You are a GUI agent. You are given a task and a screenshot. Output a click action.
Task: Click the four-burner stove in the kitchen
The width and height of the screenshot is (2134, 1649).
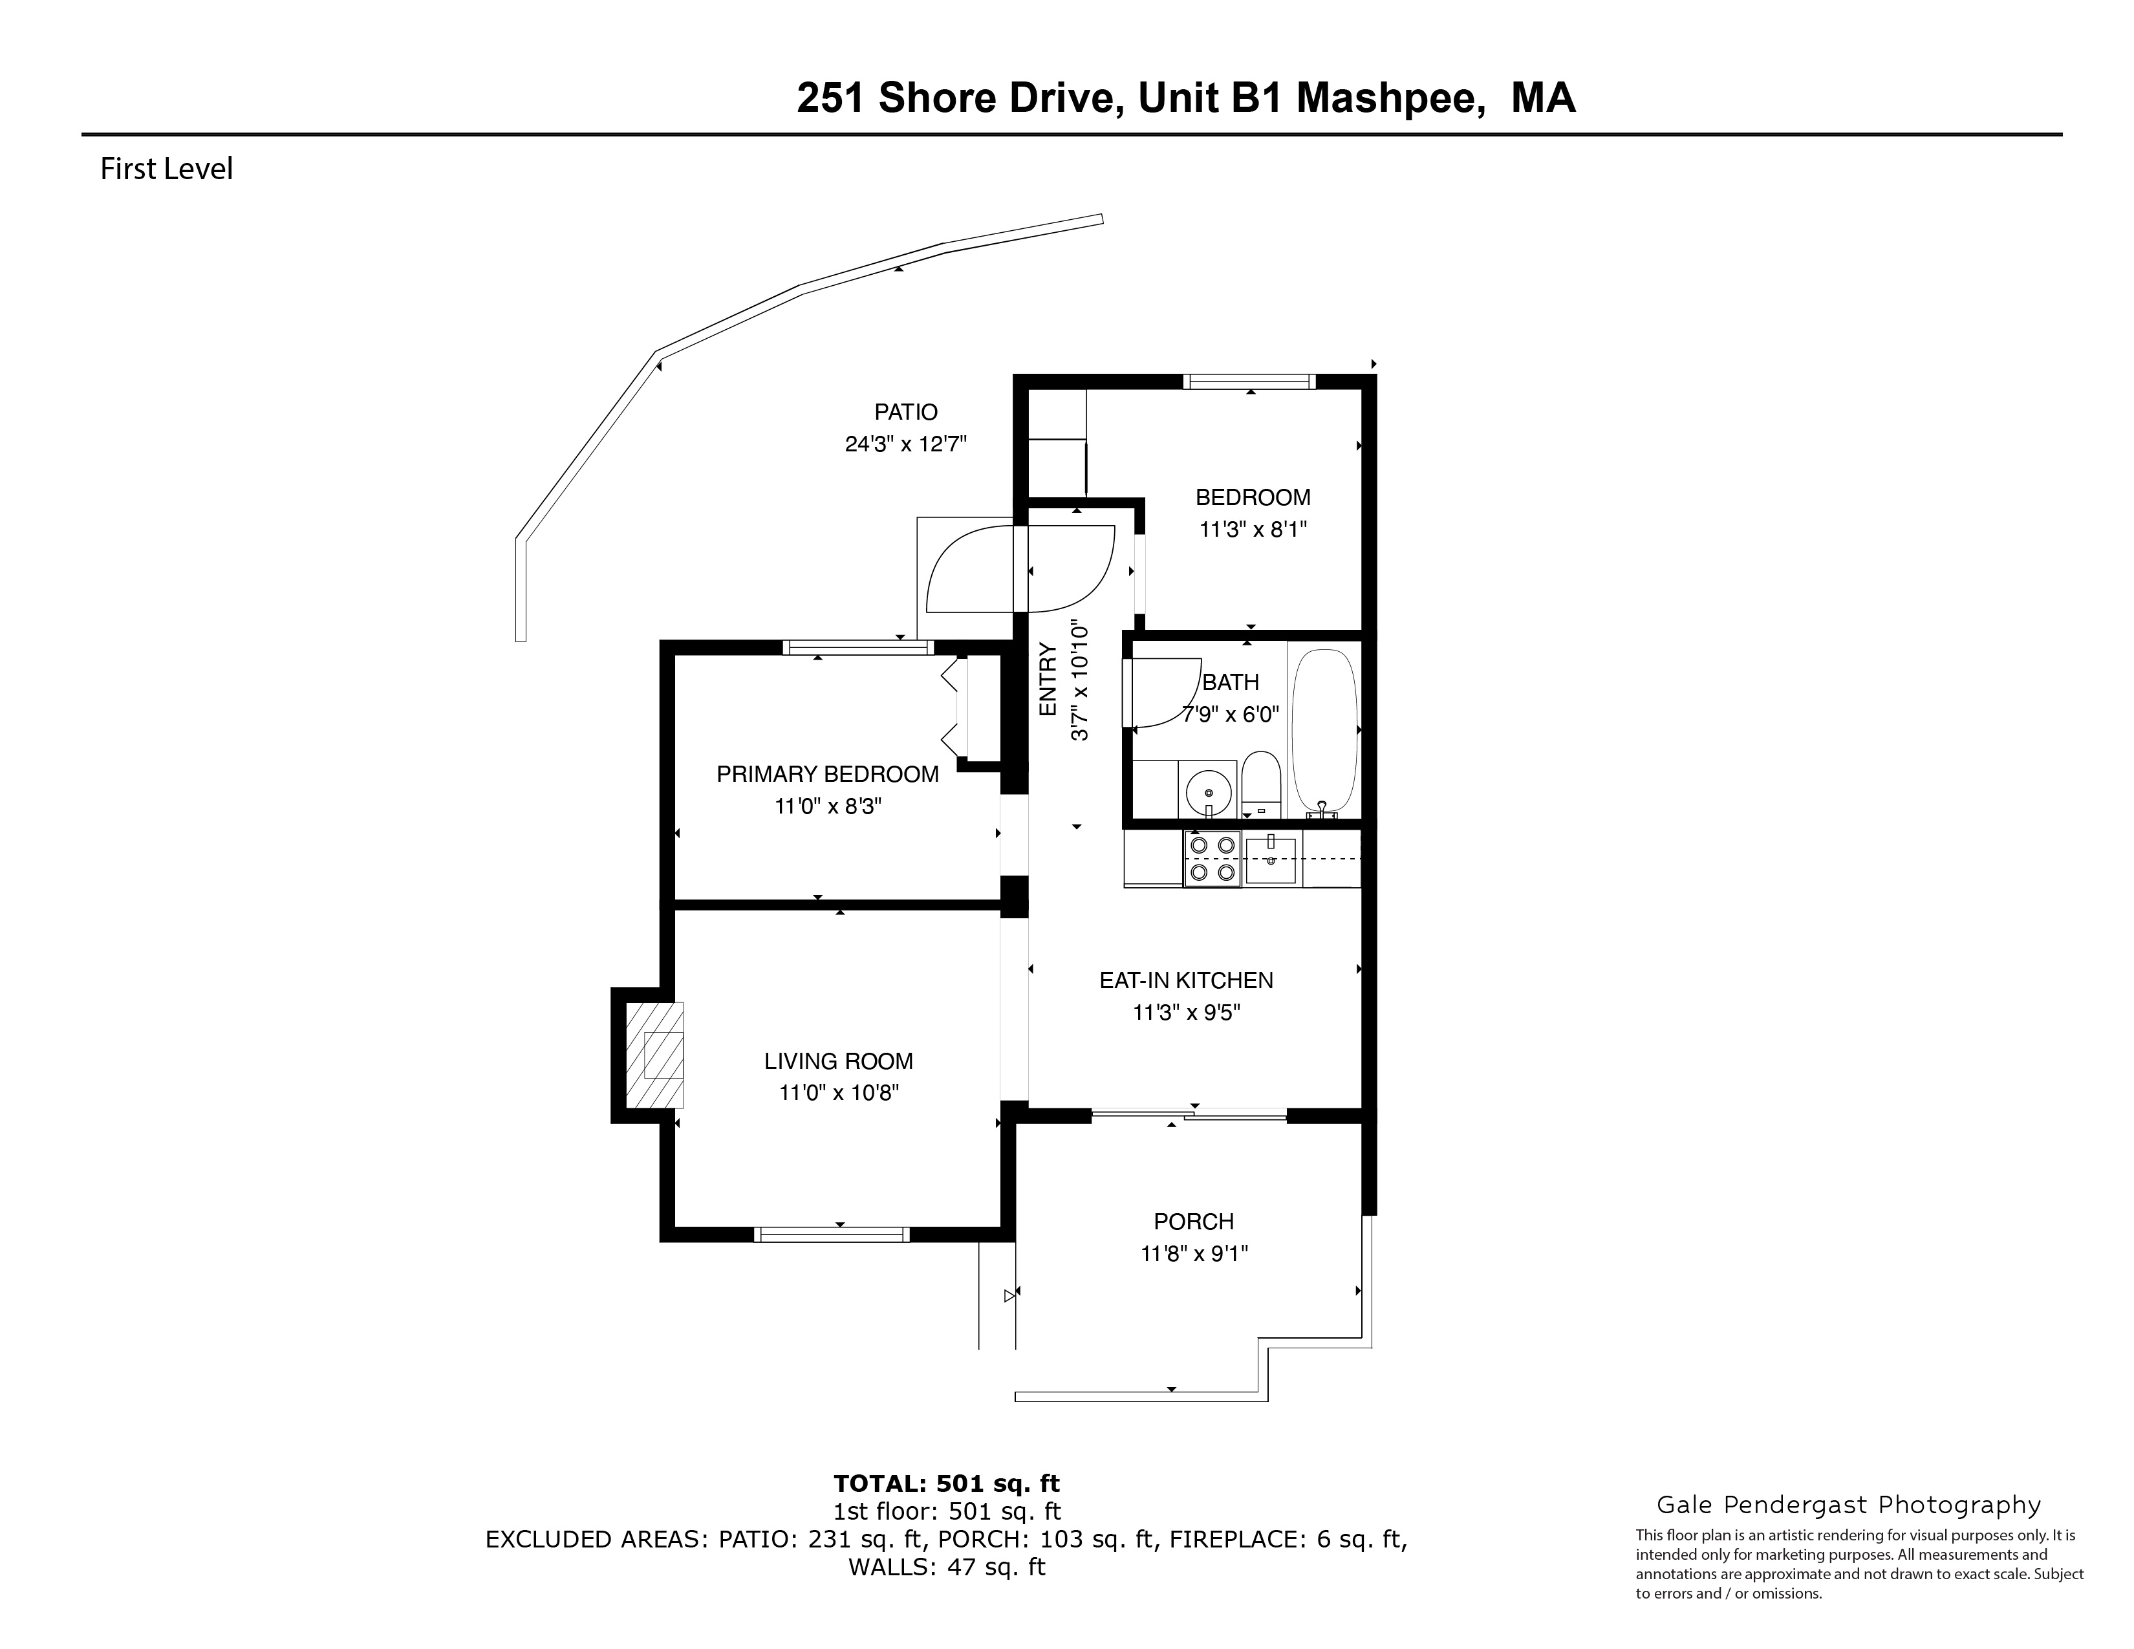1212,859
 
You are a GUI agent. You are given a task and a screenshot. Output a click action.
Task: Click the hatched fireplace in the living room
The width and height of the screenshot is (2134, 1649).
654,1055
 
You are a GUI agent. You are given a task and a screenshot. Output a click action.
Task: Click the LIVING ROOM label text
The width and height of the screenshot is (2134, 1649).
838,1061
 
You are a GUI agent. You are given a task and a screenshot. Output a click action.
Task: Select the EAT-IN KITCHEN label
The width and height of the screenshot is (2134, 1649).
1186,980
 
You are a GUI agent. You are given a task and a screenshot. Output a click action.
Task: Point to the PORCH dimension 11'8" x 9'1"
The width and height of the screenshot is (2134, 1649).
1194,1253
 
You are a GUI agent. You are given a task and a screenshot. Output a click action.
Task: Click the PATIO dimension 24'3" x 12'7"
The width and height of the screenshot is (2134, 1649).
906,444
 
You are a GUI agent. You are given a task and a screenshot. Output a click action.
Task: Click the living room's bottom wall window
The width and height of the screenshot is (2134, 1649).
832,1234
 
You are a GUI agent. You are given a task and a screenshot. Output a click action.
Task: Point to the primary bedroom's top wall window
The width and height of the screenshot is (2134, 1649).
858,647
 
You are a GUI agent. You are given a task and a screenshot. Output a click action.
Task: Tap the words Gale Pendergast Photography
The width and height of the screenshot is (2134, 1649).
1849,1505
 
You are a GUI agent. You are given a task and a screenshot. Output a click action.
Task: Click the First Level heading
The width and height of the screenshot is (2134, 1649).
167,169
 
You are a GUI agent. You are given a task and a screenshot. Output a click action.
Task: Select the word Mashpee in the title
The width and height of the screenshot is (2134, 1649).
1392,98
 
